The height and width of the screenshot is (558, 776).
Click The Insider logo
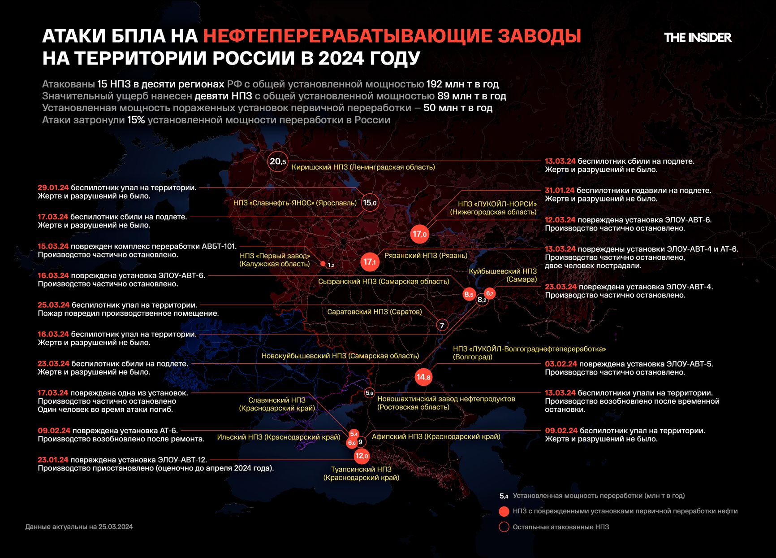pos(698,38)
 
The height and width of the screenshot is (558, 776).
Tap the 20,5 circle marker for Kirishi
pos(277,161)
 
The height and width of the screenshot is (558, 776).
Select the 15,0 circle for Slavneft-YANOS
pos(370,203)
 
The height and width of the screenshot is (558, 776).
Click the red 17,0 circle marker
pos(420,234)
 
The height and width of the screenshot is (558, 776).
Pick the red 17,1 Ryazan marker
pos(370,262)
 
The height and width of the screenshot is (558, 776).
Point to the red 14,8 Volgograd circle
pos(423,377)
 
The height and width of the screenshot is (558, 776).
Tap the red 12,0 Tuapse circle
pos(361,456)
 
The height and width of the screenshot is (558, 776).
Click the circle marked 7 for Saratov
pos(442,326)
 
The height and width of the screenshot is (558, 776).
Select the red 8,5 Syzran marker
pos(469,295)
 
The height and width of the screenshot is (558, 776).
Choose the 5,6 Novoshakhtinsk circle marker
pos(369,393)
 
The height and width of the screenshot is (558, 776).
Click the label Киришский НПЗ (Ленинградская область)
pos(363,167)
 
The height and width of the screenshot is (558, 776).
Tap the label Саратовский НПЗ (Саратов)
pos(374,312)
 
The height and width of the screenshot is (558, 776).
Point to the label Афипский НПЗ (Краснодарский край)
pos(436,436)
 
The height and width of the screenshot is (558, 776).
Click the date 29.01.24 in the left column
pos(53,187)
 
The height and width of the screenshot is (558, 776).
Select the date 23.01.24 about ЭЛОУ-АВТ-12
pos(53,460)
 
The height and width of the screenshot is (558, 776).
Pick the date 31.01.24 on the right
pos(560,190)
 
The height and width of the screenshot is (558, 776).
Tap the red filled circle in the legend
pos(504,511)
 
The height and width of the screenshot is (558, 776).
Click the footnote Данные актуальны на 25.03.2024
pos(79,527)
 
